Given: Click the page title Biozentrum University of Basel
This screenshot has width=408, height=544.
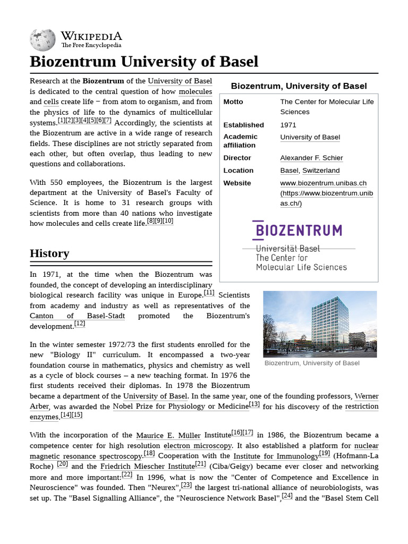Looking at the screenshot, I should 144,62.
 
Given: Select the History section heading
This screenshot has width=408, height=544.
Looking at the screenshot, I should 49,253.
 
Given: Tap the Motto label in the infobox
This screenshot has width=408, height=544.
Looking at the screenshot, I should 233,102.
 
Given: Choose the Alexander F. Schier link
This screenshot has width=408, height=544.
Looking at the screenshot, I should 311,158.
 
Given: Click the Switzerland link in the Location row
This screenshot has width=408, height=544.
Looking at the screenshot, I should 321,171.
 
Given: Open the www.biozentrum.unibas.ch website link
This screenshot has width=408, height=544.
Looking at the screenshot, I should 323,183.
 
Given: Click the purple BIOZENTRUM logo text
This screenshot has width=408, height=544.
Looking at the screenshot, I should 297,230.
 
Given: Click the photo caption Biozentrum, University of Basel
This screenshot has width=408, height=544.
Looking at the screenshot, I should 312,363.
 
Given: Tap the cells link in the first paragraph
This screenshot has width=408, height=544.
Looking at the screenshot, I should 51,102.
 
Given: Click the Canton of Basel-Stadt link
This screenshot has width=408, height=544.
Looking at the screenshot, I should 77,316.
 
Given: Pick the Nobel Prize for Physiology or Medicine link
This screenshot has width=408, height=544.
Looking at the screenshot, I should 181,407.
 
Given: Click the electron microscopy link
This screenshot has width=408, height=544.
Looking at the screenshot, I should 198,446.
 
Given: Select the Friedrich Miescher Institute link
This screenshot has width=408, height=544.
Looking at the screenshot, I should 147,466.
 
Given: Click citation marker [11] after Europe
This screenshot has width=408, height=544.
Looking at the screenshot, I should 209,293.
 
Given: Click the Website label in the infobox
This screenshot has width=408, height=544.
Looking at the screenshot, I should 237,183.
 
